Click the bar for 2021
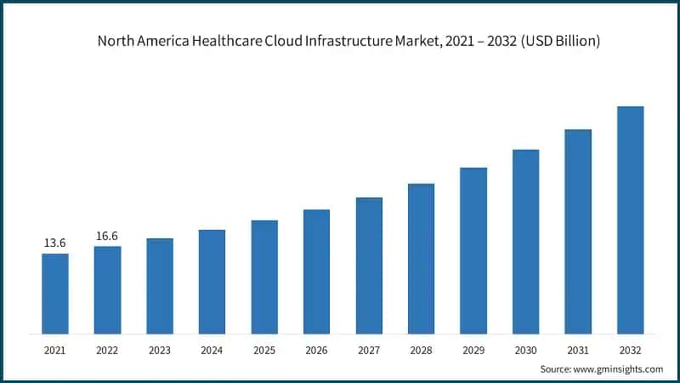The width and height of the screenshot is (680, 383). (x=55, y=294)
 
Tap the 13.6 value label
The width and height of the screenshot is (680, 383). (x=55, y=243)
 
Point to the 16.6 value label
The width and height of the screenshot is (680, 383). (x=107, y=236)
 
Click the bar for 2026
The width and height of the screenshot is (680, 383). (x=316, y=272)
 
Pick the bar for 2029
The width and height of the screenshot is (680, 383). (x=473, y=250)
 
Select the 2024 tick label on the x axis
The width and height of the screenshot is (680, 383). (x=212, y=350)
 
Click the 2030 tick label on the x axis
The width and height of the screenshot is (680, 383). (x=525, y=350)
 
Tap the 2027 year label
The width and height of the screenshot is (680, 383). (x=369, y=350)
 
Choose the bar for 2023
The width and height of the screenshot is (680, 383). (x=160, y=286)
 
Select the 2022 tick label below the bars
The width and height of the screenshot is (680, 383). (x=107, y=350)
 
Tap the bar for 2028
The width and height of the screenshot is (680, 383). (x=421, y=259)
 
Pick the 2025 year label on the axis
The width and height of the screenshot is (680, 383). (x=264, y=350)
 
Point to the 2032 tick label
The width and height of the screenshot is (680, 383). (x=630, y=350)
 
